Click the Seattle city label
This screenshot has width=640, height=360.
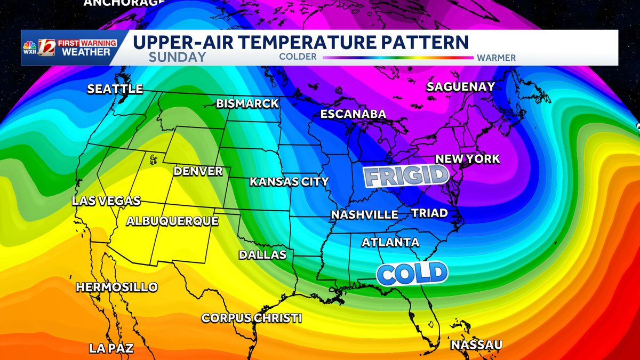tap(115, 89)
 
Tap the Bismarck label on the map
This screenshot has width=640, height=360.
tap(247, 103)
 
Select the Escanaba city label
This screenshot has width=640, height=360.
tap(353, 114)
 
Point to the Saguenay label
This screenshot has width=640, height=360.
tap(461, 86)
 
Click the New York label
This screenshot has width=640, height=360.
tap(468, 159)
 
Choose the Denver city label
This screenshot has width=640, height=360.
tap(198, 171)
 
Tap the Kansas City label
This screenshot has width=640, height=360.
tap(290, 182)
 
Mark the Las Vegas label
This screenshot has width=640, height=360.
tap(107, 201)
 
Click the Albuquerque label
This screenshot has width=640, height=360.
tap(172, 221)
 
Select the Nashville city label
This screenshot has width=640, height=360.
tap(364, 214)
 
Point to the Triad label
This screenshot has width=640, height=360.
tap(429, 213)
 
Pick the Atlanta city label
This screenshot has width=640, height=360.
tap(390, 243)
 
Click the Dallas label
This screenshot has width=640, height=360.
tap(262, 255)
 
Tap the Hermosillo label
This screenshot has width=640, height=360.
tap(117, 287)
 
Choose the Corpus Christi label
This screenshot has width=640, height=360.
tap(252, 318)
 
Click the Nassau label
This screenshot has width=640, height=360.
tap(476, 345)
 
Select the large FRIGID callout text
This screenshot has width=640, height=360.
tap(405, 177)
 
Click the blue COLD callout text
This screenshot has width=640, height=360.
tap(411, 273)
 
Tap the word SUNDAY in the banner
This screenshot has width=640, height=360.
tap(177, 58)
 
